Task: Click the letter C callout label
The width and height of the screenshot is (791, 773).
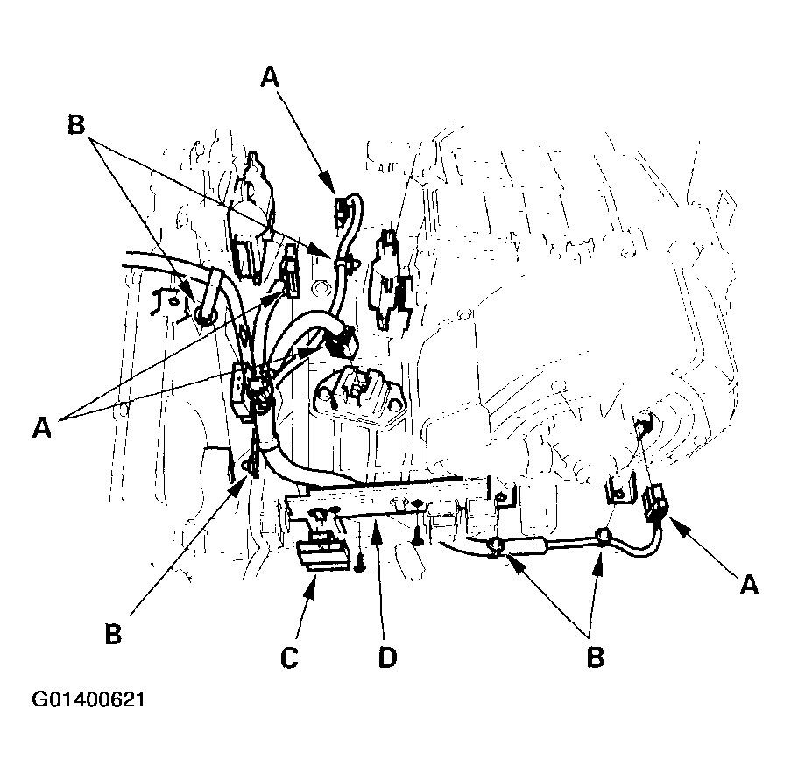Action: coord(289,657)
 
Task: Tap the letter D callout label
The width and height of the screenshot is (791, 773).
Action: coord(387,657)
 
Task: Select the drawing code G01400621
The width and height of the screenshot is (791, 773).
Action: coord(88,699)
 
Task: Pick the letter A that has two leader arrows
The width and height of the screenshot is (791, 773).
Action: coord(42,429)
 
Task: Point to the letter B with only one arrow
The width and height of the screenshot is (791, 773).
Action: coord(114,634)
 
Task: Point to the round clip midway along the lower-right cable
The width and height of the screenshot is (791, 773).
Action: coord(601,535)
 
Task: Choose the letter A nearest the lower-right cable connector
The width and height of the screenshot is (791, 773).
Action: coord(749,586)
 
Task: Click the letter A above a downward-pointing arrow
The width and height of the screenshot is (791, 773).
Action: coord(271,78)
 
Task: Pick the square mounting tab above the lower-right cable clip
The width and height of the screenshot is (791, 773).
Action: coord(619,488)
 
